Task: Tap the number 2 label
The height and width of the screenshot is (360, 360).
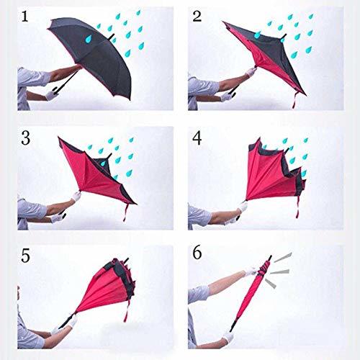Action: pyautogui.click(x=196, y=16)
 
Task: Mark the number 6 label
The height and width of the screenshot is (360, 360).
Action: pyautogui.click(x=196, y=254)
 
